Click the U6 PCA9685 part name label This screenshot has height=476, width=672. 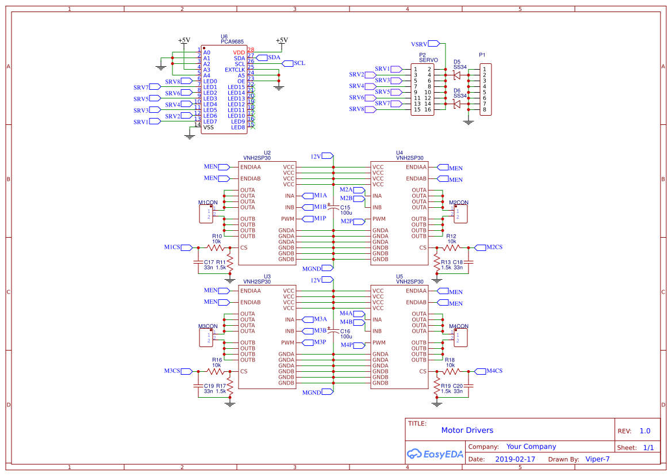coord(232,42)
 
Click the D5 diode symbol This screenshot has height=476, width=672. coord(457,75)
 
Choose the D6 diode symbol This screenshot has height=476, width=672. coord(457,104)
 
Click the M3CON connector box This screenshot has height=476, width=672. coord(205,338)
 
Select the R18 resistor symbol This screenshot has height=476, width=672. coord(451,371)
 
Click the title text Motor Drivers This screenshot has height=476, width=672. coord(467,431)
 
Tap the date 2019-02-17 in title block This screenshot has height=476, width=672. coord(514,459)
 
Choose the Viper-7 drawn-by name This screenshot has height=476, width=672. coord(597,459)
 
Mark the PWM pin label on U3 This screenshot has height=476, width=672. coord(287,342)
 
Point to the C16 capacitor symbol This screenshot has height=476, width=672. coord(333,331)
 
